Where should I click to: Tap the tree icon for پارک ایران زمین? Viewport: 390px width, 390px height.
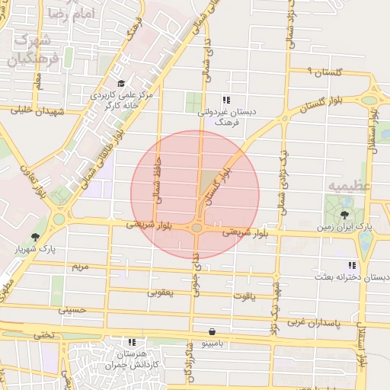click(345, 215)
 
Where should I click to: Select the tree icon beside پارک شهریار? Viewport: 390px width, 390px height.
click(35, 237)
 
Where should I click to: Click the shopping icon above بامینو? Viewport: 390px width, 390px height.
click(210, 332)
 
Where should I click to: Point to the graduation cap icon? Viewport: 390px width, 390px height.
click(120, 84)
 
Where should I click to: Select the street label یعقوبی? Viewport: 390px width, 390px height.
click(161, 292)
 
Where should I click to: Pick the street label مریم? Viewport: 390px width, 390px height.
click(80, 268)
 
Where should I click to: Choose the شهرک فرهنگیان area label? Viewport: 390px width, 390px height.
click(27, 49)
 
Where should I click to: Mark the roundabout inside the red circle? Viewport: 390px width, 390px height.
click(197, 227)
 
